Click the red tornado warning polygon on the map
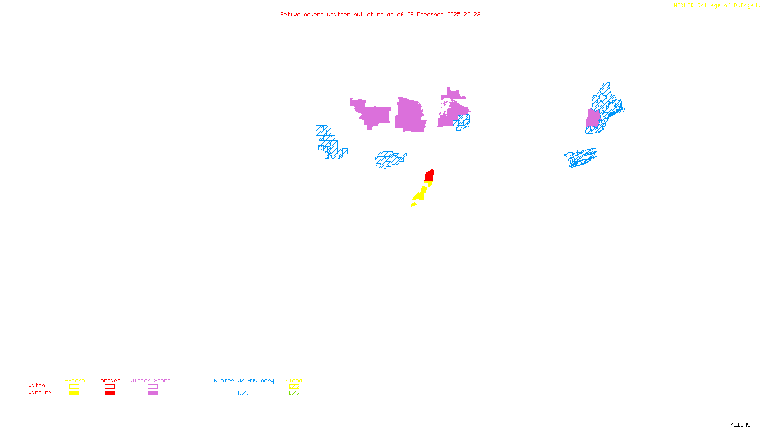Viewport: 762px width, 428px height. point(430,175)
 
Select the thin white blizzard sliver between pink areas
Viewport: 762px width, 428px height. point(427,115)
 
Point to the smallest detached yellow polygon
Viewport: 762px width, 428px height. point(414,204)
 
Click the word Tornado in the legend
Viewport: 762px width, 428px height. point(109,380)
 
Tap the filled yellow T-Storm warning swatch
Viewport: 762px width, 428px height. point(74,393)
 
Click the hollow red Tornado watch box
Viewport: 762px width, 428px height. point(110,387)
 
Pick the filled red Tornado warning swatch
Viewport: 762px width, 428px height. point(110,393)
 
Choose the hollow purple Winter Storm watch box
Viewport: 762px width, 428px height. point(152,387)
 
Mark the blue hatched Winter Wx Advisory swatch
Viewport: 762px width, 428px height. point(243,393)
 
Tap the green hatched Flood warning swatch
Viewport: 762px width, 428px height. point(294,393)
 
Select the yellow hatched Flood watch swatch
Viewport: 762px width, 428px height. point(294,387)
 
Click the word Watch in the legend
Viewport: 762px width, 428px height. point(37,385)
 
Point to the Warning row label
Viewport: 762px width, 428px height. point(40,393)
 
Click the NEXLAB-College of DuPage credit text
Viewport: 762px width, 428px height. point(714,6)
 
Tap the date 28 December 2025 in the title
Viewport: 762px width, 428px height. point(433,14)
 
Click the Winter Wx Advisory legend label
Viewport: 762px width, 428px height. point(244,380)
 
